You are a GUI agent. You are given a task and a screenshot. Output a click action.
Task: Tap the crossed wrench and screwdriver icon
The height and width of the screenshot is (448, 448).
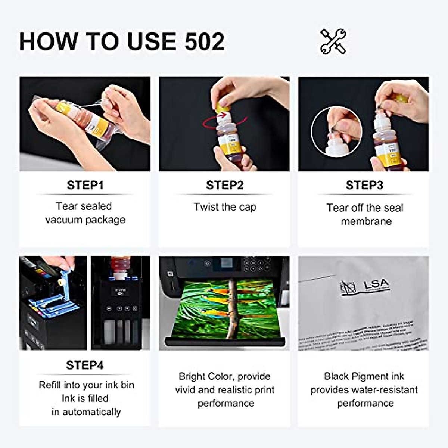pyautogui.click(x=333, y=41)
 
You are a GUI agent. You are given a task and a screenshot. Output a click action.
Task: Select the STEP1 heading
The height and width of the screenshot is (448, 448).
pyautogui.click(x=85, y=185)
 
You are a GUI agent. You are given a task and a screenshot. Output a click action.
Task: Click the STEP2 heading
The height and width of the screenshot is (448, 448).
pyautogui.click(x=224, y=185)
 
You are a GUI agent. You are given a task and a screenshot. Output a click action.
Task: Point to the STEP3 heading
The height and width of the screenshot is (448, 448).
pyautogui.click(x=364, y=185)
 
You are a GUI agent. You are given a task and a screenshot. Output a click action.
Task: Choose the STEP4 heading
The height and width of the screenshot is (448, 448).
pyautogui.click(x=85, y=365)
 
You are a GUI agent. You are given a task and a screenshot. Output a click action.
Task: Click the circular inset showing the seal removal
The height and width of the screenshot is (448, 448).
pyautogui.click(x=336, y=131)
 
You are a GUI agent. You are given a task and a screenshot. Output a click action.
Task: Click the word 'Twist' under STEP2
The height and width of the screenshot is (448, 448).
pyautogui.click(x=206, y=207)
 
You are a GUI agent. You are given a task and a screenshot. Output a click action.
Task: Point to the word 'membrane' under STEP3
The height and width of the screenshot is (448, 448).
pyautogui.click(x=366, y=221)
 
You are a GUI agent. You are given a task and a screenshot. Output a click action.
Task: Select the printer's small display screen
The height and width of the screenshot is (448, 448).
pyautogui.click(x=226, y=263)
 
